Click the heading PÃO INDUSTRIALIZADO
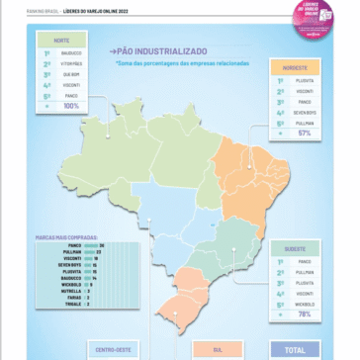(x=161, y=51)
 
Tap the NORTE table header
(x=62, y=40)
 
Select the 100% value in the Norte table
(x=71, y=105)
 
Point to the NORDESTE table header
(x=295, y=67)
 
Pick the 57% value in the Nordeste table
(x=304, y=133)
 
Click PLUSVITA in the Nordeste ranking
(x=304, y=80)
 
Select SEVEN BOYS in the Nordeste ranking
(x=304, y=112)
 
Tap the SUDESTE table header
(x=295, y=249)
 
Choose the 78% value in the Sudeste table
(x=304, y=314)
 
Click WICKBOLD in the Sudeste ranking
(x=304, y=304)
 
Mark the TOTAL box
(x=295, y=349)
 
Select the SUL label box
(x=218, y=350)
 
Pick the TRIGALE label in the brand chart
(x=73, y=304)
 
